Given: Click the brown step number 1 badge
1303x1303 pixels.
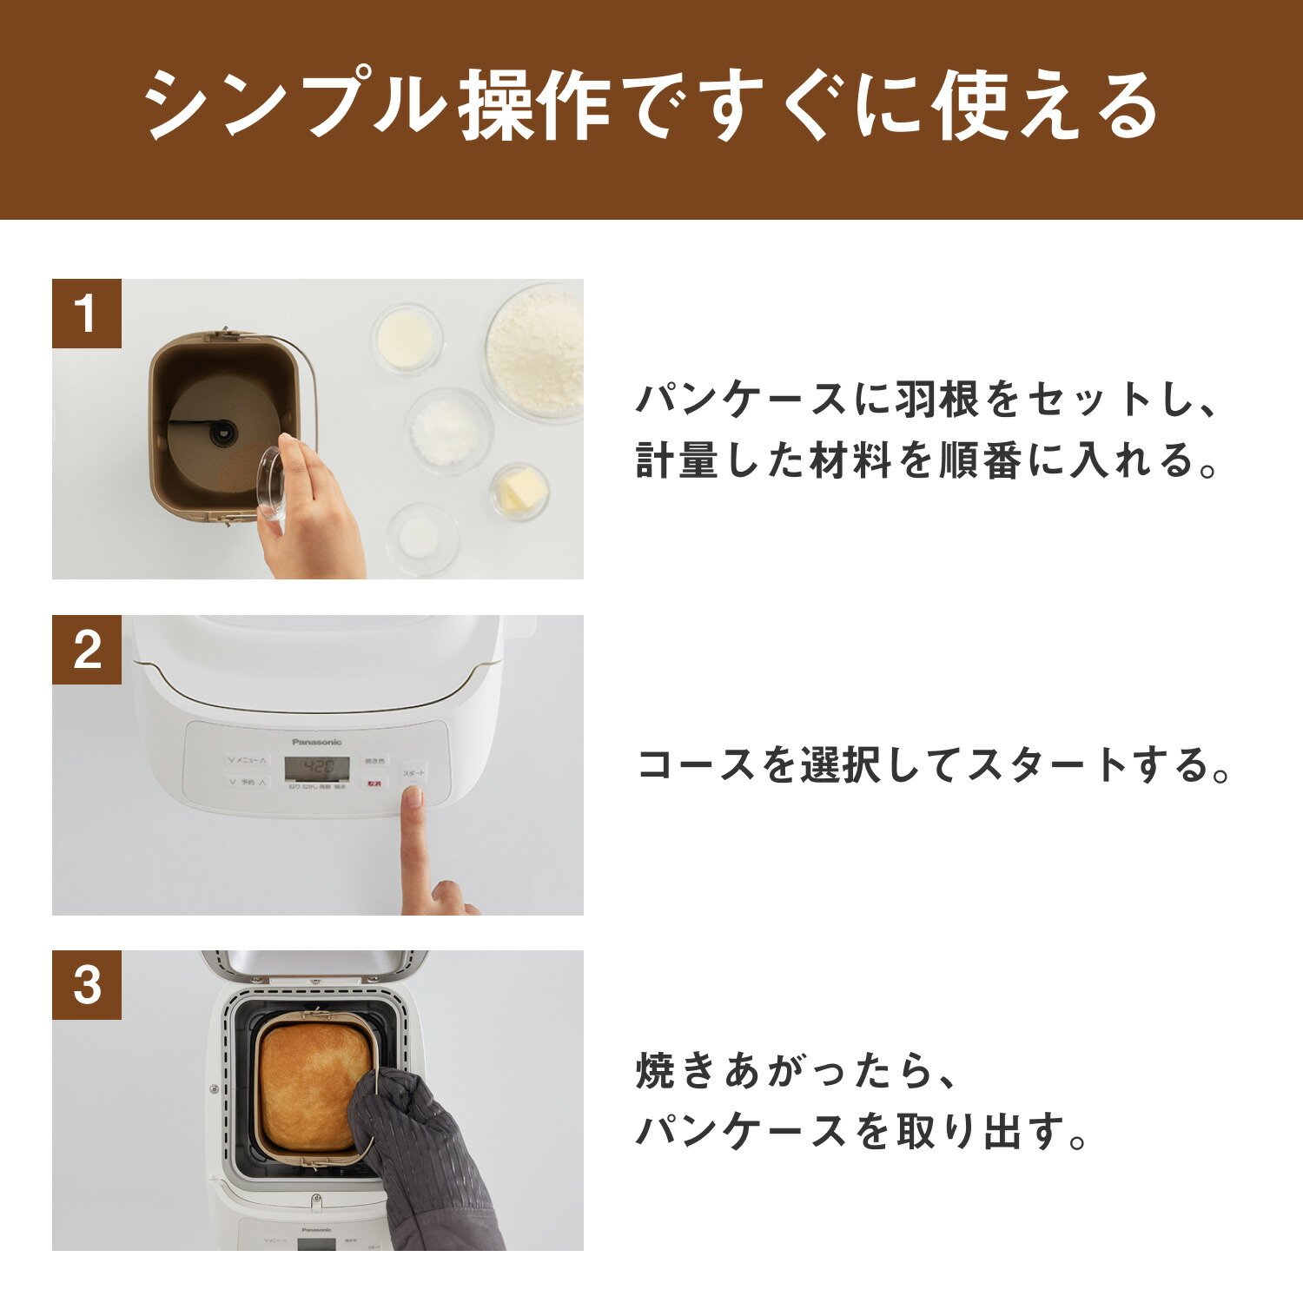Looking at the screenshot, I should coord(86,314).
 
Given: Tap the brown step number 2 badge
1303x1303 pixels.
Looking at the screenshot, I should coord(86,650).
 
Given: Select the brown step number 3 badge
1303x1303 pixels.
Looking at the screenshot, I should coord(86,985).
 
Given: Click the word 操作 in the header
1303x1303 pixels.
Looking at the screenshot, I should coord(532,106).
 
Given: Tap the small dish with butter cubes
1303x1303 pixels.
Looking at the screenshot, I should coord(519,492).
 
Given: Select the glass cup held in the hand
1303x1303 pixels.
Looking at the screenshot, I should coord(272,483).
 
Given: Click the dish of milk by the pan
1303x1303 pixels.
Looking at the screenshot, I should coord(407,337).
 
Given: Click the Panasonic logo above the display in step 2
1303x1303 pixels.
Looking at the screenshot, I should coord(317,742).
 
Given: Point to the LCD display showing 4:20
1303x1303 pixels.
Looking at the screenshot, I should coord(318,769).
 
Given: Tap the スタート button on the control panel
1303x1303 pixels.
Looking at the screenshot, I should coord(413,773).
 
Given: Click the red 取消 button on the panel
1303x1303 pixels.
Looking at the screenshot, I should coord(374,784).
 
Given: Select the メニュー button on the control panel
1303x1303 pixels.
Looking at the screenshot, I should coord(247,760).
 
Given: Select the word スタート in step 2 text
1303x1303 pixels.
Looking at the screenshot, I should coord(1047,765).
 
